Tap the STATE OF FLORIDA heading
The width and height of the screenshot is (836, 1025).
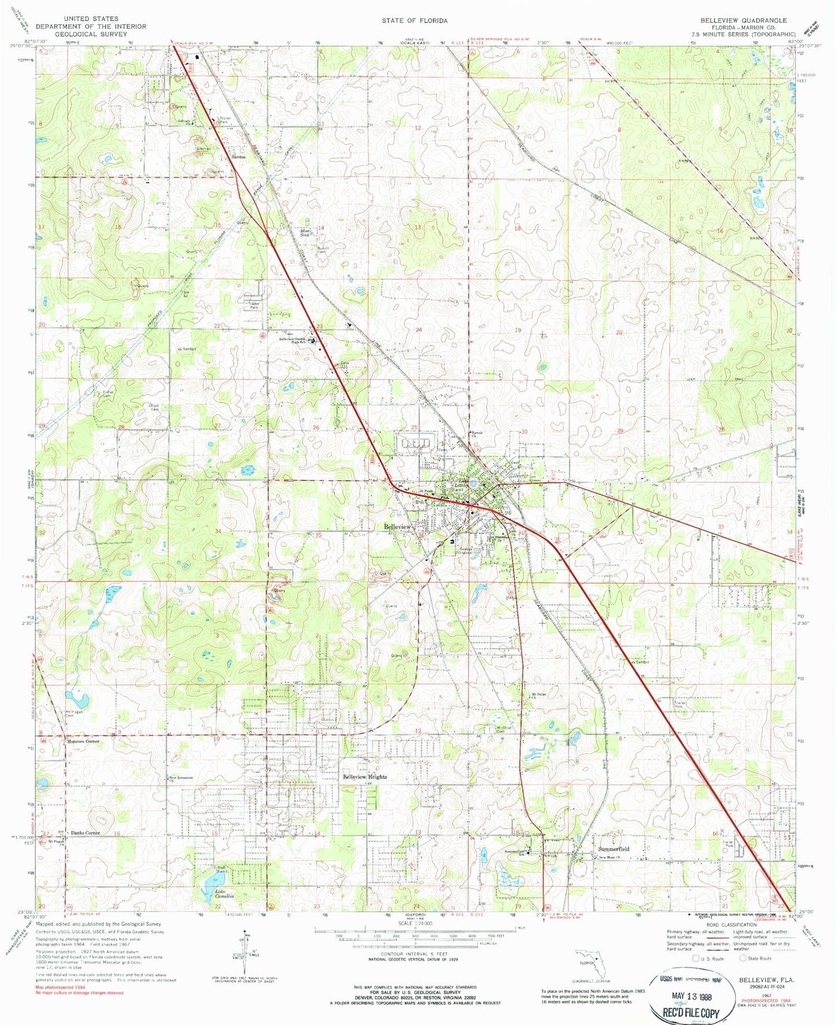coord(414,20)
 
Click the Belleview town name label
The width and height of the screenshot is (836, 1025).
coord(397,527)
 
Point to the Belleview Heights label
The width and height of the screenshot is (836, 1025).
coord(365,777)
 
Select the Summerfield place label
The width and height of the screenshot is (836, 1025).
coord(614,848)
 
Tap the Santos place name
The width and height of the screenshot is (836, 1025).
coord(238,157)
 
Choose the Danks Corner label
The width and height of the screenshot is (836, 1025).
coord(85,833)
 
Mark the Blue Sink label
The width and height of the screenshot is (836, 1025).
coord(305,234)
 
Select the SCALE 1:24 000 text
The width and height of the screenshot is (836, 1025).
coord(414,939)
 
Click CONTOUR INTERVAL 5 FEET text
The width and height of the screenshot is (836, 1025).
coord(414,954)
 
